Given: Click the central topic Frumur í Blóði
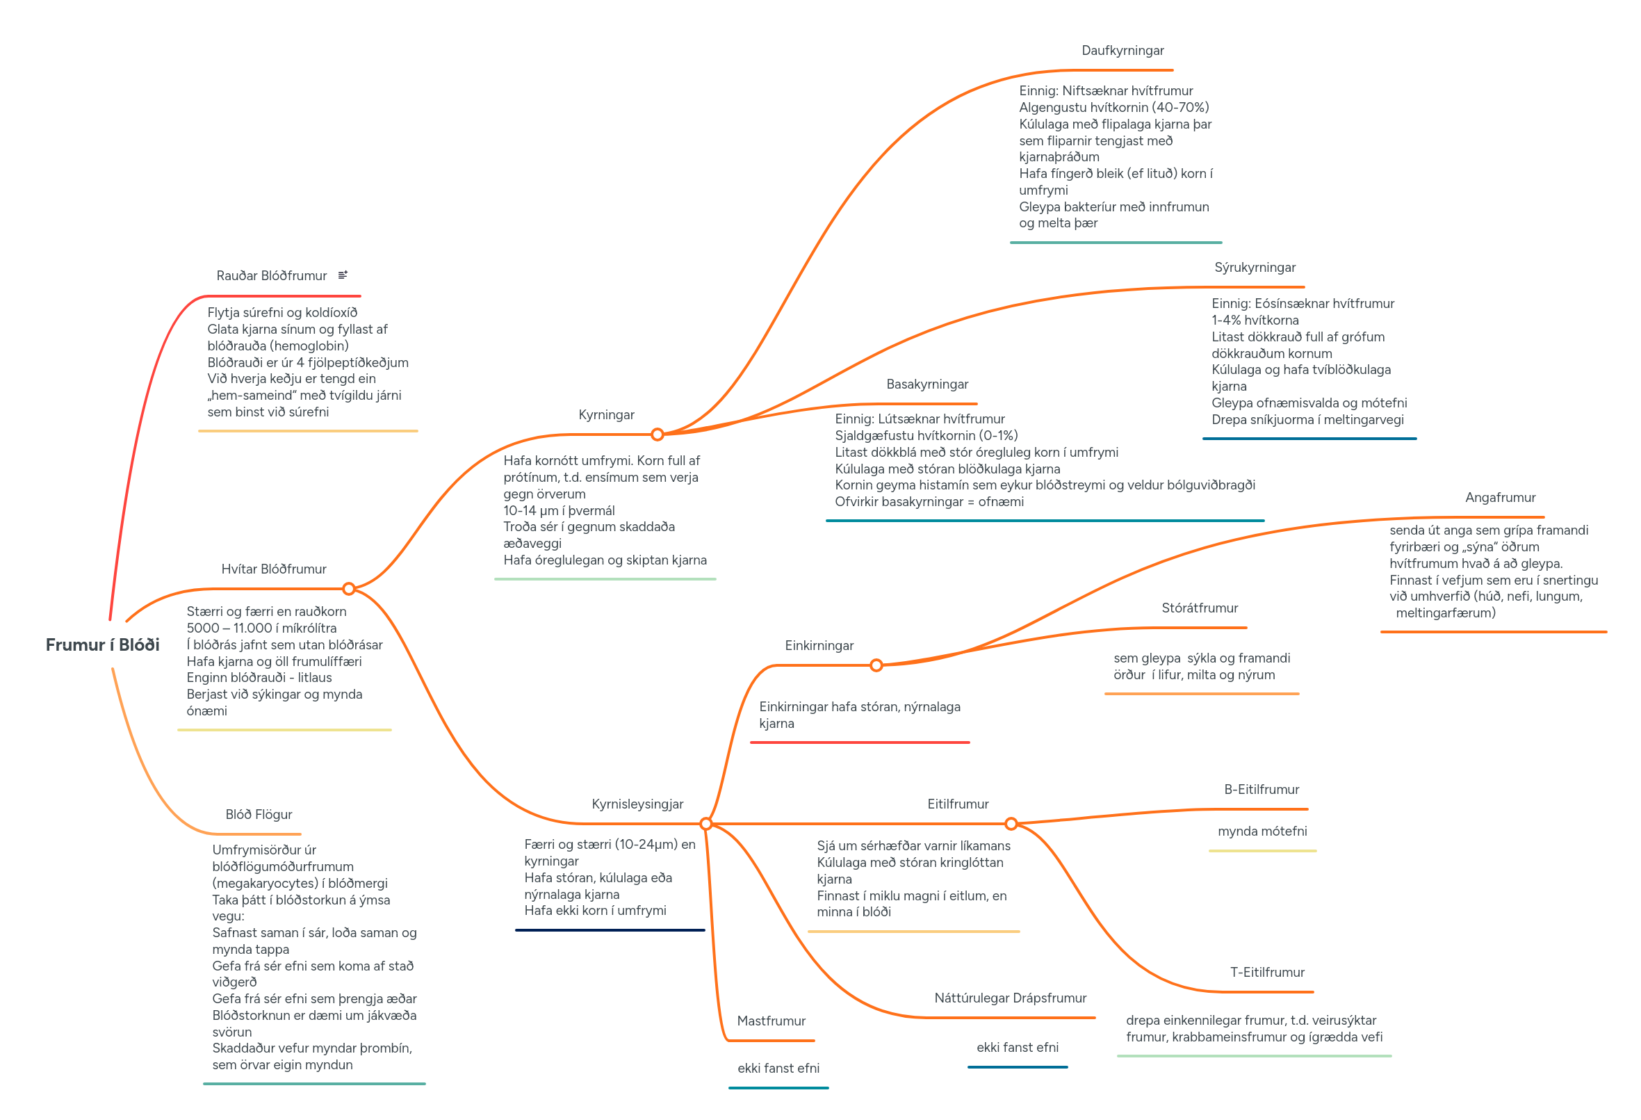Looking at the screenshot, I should [x=102, y=644].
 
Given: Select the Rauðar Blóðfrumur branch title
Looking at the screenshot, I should [x=271, y=275].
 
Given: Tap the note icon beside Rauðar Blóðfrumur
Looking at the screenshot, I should [x=343, y=275].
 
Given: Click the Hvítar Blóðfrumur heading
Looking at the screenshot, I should [x=273, y=569].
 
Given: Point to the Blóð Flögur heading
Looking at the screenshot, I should [x=259, y=814].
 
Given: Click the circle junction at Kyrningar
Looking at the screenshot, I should [x=658, y=435].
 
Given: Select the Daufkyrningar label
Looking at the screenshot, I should [x=1122, y=51].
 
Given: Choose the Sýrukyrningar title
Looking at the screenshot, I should [x=1254, y=268].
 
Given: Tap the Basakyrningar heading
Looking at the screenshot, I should [x=926, y=384].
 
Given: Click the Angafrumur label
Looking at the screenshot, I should [x=1500, y=498].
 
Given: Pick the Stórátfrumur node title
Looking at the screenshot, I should [x=1199, y=608].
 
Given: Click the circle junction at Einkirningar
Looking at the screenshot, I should [x=876, y=665].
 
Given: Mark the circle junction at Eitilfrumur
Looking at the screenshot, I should [x=1011, y=823].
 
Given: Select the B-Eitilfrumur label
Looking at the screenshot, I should [x=1261, y=790].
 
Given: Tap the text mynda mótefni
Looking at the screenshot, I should [x=1262, y=831].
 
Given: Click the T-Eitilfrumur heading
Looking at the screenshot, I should [x=1267, y=973].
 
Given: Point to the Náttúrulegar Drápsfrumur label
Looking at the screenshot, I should [x=1010, y=998].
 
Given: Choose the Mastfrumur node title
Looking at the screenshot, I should [x=771, y=1021].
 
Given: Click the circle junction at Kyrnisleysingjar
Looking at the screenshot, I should [x=706, y=823].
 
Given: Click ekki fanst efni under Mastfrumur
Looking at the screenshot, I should [x=778, y=1069].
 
